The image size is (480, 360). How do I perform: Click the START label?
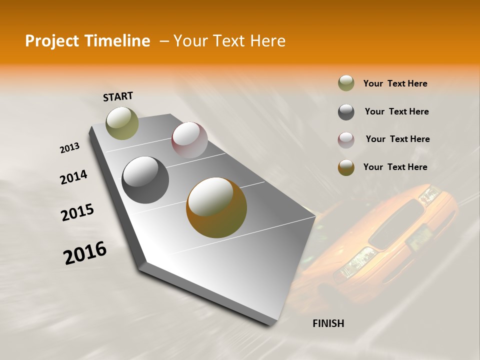(118, 96)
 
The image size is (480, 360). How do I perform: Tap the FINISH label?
(328, 323)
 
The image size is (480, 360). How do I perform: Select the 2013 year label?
(70, 148)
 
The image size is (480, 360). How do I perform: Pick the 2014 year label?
(73, 177)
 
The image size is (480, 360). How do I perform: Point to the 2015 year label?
(77, 212)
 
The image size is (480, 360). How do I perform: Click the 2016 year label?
(85, 253)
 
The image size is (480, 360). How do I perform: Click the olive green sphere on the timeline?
(122, 123)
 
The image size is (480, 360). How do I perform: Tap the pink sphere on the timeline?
(189, 140)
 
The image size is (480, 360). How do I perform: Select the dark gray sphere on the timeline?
(145, 180)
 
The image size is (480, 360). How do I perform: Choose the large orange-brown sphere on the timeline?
(216, 207)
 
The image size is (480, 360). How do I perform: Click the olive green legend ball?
(346, 83)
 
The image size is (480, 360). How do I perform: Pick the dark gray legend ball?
(346, 112)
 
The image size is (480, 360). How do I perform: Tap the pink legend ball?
(346, 140)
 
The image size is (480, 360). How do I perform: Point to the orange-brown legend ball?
(346, 167)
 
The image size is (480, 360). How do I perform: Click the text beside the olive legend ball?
(395, 83)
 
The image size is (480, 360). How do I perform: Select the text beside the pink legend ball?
(397, 139)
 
